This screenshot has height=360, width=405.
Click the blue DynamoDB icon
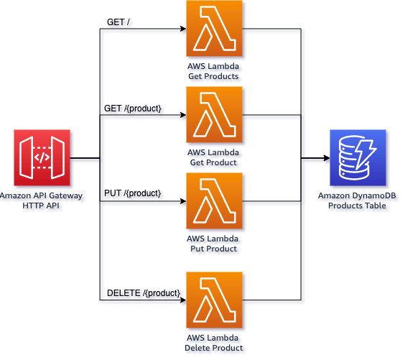click(x=358, y=158)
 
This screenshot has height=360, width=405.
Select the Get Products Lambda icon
click(x=214, y=29)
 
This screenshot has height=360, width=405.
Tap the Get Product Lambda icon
click(x=214, y=115)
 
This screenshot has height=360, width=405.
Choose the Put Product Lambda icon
click(x=214, y=201)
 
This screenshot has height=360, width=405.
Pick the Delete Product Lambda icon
click(x=214, y=300)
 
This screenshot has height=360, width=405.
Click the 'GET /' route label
click(x=119, y=24)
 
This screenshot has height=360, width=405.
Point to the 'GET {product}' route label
click(x=134, y=109)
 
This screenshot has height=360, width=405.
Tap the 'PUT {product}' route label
click(x=134, y=195)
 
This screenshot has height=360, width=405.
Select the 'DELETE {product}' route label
click(x=144, y=294)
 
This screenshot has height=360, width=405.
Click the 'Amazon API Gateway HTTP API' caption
click(x=42, y=202)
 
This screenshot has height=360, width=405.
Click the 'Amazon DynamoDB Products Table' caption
click(x=358, y=202)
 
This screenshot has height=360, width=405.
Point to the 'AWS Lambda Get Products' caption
click(x=214, y=73)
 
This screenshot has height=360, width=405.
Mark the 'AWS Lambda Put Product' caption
click(x=214, y=245)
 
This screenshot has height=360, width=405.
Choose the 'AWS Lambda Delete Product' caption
click(x=214, y=344)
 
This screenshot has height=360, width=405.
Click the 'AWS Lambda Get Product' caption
click(x=214, y=159)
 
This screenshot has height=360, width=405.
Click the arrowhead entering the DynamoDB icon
click(x=325, y=160)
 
